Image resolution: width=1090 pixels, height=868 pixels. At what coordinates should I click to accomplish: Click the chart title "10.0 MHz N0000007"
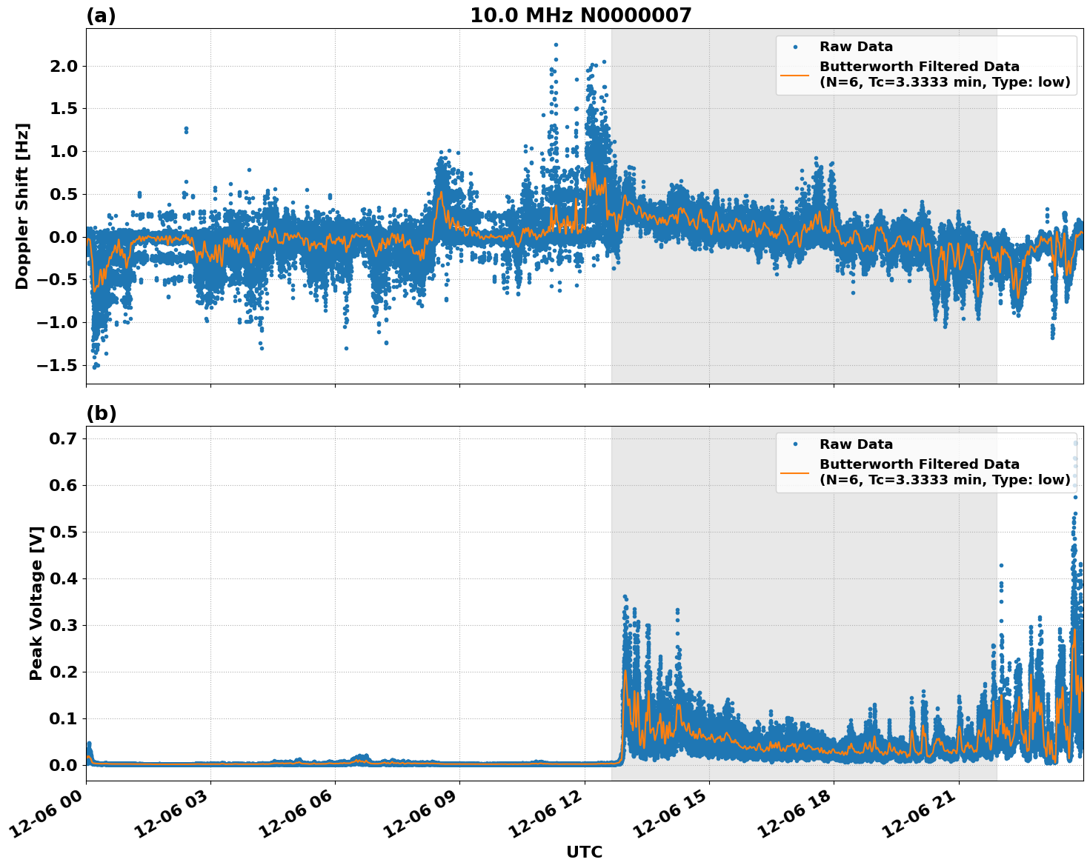click(x=580, y=16)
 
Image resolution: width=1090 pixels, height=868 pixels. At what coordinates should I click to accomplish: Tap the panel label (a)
click(x=101, y=16)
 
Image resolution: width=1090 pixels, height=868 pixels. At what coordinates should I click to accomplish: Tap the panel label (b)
click(x=101, y=413)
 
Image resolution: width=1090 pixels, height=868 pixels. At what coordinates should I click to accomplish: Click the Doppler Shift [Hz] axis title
click(x=22, y=206)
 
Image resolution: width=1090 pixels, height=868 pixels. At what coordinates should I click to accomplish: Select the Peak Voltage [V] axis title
click(x=36, y=603)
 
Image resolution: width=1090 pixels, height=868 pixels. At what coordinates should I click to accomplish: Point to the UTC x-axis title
click(x=584, y=852)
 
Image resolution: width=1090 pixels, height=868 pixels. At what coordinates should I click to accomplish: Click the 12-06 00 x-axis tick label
click(x=49, y=815)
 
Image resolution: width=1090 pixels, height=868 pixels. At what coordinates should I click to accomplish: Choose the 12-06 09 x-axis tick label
click(x=422, y=815)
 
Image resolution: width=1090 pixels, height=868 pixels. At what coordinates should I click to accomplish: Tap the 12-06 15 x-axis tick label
click(x=672, y=815)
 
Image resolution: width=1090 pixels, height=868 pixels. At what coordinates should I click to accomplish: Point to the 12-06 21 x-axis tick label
click(x=921, y=815)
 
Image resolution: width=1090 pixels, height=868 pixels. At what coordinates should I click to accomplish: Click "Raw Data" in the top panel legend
click(x=856, y=47)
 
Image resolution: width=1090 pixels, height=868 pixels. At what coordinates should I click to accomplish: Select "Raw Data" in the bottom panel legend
click(x=856, y=444)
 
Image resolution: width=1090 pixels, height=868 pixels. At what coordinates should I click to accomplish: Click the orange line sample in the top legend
click(x=795, y=75)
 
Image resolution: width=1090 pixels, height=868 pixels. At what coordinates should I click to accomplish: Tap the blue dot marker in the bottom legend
click(x=795, y=444)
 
